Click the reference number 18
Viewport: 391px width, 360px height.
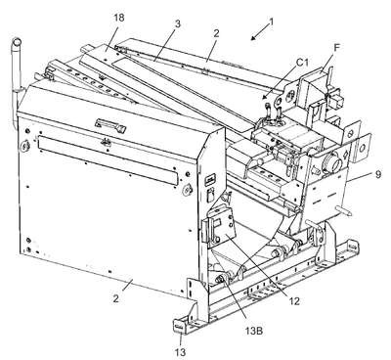119,18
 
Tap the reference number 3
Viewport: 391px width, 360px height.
178,24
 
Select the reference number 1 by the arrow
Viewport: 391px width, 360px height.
271,22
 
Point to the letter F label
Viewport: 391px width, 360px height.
337,47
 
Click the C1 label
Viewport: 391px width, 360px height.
302,62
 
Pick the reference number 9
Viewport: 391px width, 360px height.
377,174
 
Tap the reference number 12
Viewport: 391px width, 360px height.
294,301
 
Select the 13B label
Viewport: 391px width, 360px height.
254,331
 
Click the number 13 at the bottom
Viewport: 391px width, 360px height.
180,352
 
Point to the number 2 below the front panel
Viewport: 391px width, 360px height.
116,298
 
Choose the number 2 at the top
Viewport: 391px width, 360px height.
217,33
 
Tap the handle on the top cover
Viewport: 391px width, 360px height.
110,125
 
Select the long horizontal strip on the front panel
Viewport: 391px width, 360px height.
109,160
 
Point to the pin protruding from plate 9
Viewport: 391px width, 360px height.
343,210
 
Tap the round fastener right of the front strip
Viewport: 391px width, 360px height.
187,189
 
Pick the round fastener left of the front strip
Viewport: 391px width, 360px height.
24,146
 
